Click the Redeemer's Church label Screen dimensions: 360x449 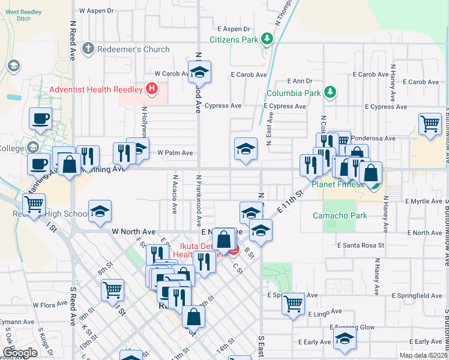(134, 49)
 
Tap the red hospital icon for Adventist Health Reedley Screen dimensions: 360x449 (152, 89)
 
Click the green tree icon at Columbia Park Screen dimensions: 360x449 (329, 92)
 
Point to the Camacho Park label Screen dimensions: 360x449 (335, 215)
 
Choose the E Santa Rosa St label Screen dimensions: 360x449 (360, 245)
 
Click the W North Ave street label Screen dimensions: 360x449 (133, 232)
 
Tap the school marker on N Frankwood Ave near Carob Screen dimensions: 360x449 (199, 73)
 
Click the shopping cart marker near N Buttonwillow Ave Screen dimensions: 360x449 (430, 124)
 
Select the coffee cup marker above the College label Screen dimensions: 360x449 (40, 118)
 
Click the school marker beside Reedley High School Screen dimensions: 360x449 (100, 211)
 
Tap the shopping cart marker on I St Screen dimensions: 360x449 (112, 290)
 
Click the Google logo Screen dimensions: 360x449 (20, 353)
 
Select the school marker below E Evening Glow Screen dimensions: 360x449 (345, 340)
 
